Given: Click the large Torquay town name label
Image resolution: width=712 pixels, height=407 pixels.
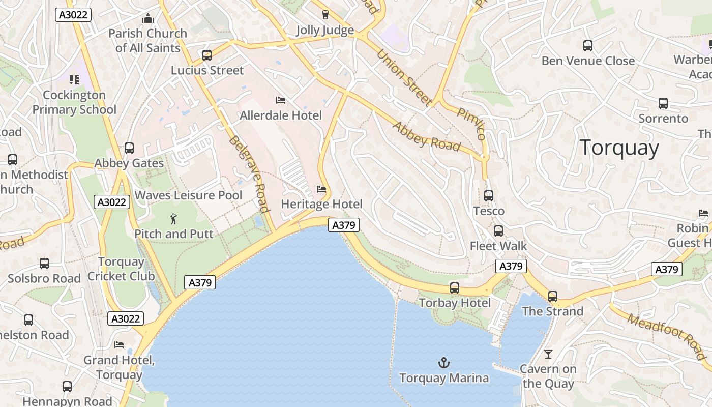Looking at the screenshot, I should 619,148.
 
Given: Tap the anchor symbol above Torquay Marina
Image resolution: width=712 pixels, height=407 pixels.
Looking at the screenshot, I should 444,363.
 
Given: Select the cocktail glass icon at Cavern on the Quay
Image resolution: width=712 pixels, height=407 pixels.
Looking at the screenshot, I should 548,354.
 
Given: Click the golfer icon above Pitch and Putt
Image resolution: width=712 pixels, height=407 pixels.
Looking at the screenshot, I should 174,219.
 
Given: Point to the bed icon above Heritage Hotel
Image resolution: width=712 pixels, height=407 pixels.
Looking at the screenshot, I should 321,189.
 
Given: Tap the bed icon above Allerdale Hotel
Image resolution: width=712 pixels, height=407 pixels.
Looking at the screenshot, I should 280,100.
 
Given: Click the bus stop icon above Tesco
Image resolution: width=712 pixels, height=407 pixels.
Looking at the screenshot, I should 489,195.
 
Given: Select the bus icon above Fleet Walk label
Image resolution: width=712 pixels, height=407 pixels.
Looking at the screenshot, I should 498,231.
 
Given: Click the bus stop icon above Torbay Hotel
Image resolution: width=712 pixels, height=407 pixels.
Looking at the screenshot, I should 455,288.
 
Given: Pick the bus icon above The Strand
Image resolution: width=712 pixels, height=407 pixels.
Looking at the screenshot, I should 553,296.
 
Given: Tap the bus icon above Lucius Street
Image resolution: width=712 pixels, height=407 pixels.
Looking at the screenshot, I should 207,55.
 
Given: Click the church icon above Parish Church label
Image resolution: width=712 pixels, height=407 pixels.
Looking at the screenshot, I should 148,19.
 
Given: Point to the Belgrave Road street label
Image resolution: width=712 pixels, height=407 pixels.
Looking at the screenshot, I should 249,173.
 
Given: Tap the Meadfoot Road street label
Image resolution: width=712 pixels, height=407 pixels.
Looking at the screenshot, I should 667,336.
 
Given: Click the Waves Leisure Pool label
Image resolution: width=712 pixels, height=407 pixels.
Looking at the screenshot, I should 188,195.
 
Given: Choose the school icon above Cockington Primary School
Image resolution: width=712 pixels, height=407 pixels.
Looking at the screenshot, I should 74,80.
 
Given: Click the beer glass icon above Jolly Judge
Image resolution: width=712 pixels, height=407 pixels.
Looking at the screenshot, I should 325,14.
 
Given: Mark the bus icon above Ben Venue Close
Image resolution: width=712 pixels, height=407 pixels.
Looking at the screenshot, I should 588,46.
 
